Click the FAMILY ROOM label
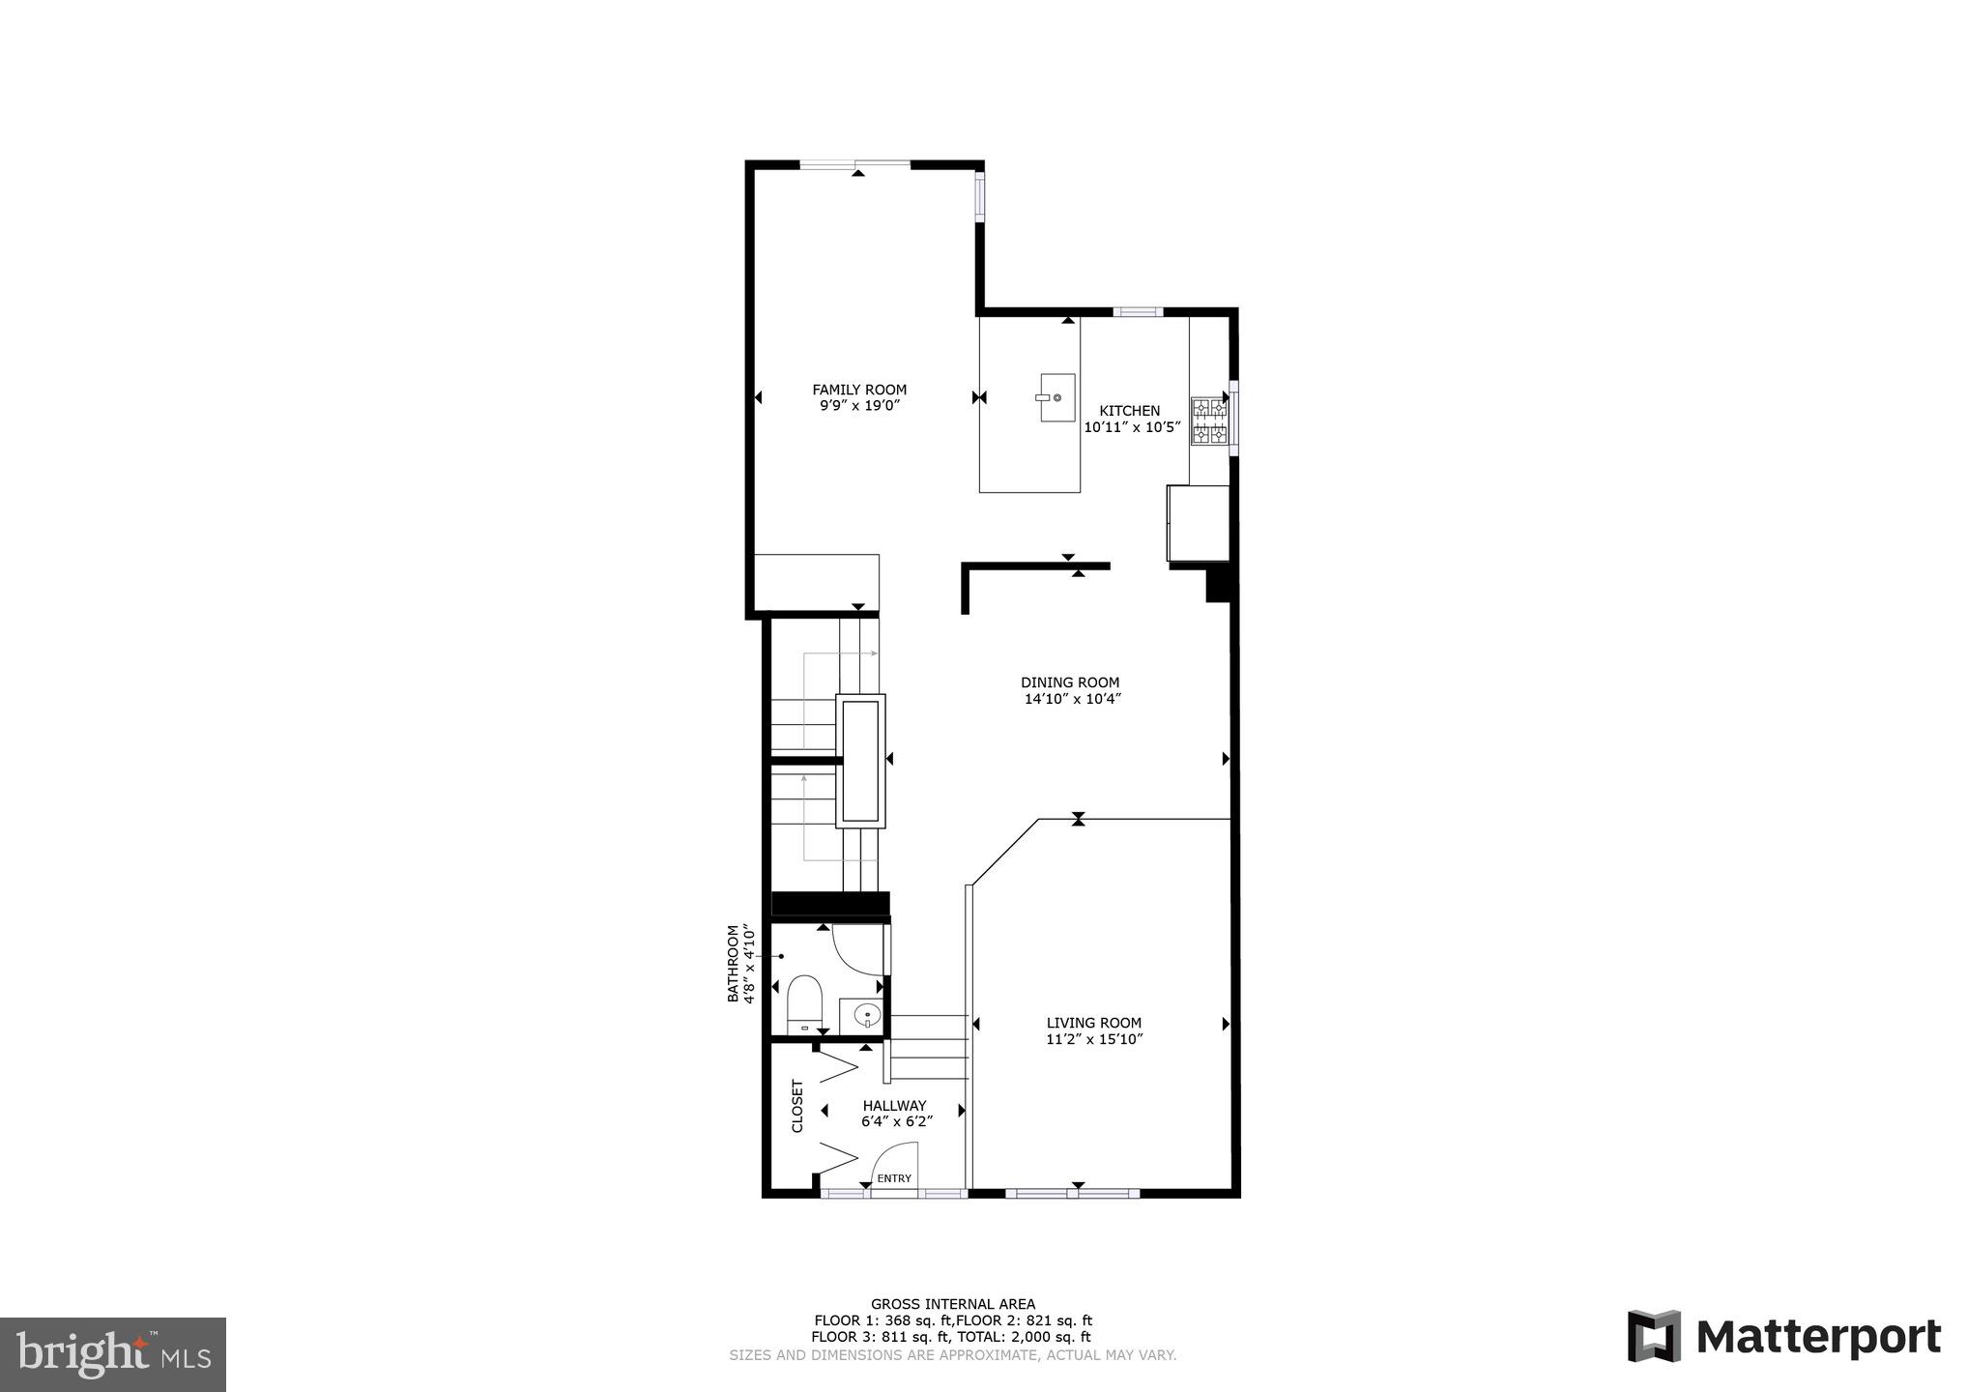[x=859, y=390]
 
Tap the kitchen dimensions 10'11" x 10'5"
[x=1132, y=427]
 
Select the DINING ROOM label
[x=1070, y=682]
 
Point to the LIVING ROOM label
[x=1093, y=1023]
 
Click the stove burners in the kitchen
[x=1209, y=421]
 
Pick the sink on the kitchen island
[x=1056, y=397]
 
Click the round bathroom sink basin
[x=868, y=1016]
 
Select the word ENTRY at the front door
[x=894, y=1178]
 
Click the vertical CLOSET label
[x=797, y=1106]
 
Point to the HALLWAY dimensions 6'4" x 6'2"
[x=897, y=1122]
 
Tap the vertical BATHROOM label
[x=733, y=963]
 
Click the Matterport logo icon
[x=1654, y=1337]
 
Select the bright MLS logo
[x=113, y=1353]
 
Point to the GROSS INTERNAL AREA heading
[x=952, y=1304]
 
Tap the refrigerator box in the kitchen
[x=1199, y=523]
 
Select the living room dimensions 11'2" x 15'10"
[x=1094, y=1039]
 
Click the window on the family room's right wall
[x=979, y=197]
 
